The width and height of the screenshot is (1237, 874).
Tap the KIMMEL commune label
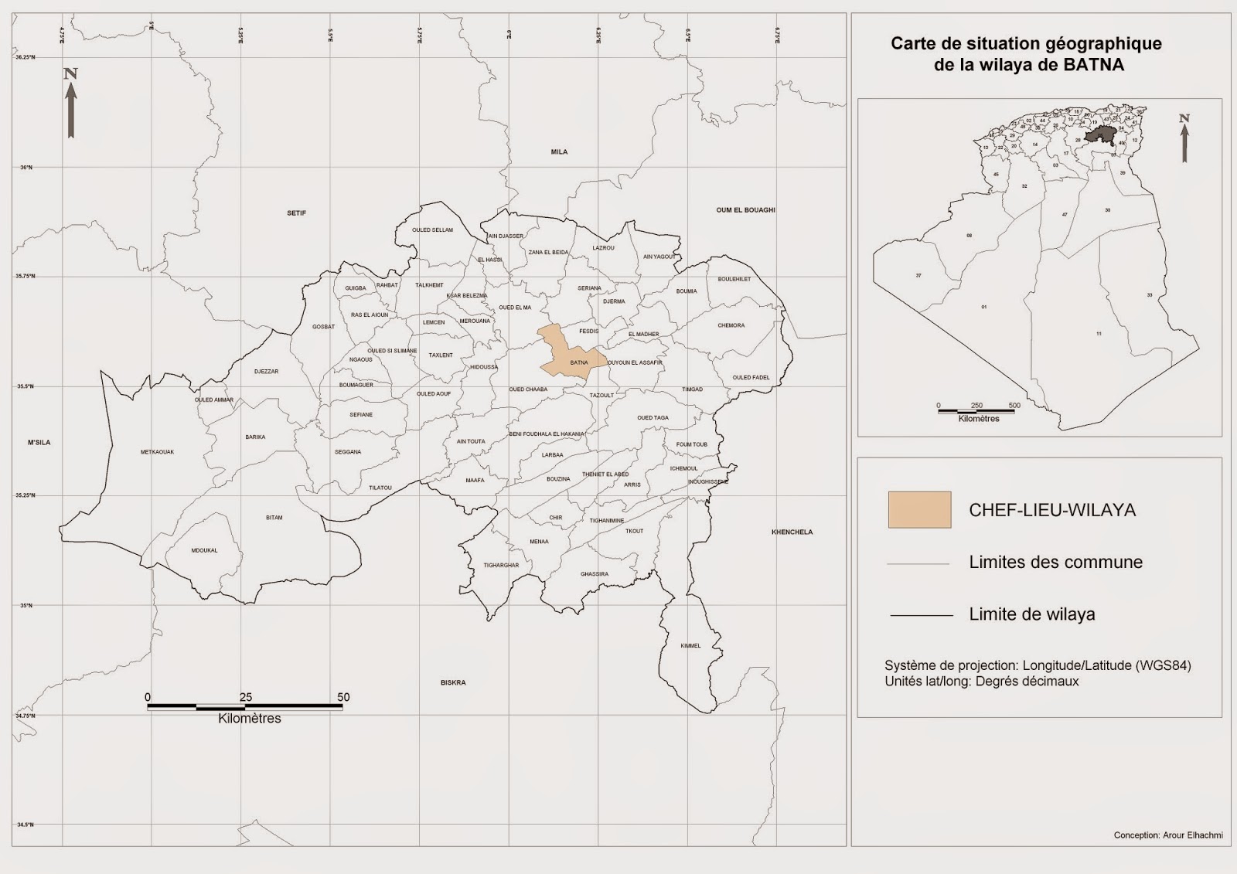690,646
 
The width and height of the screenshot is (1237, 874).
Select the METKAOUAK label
157,452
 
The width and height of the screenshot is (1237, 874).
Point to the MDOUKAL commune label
204,551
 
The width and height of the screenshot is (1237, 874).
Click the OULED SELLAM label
432,230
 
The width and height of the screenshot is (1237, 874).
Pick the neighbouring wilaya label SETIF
297,213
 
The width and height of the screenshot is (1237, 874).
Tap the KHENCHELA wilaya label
792,532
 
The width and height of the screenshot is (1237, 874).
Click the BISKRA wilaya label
453,683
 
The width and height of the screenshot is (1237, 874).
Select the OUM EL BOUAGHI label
745,210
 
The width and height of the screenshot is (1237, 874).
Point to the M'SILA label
39,443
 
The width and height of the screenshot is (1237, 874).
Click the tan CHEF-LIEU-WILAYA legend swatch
919,510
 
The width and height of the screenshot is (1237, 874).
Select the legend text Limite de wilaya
1031,615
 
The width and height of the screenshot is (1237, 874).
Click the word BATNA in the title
1093,65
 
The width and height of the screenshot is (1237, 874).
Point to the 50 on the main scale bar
343,697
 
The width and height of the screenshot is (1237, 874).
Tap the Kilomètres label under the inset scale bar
978,419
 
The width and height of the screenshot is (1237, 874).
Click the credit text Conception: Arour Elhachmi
1167,835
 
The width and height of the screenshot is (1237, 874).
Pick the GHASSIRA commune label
595,574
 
